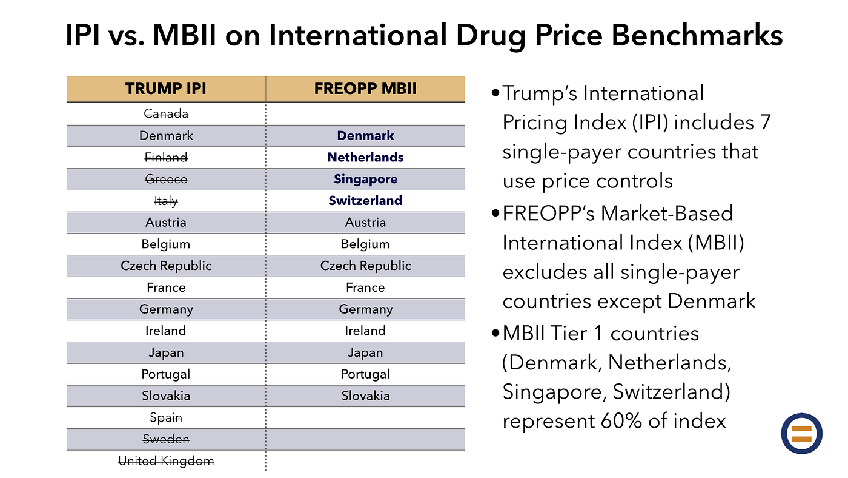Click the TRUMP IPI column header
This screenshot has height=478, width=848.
[165, 89]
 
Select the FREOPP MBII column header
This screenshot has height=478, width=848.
[365, 89]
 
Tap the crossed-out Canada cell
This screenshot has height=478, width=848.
[165, 113]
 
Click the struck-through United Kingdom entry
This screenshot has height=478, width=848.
[165, 461]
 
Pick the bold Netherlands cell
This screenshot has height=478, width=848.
[365, 158]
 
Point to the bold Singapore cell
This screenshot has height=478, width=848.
[365, 180]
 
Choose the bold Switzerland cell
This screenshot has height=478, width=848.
[365, 201]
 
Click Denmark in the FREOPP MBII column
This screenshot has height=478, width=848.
[365, 136]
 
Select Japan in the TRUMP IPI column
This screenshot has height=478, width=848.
[165, 352]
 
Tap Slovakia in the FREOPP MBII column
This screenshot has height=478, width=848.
[365, 396]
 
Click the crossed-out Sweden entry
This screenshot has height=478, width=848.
[165, 439]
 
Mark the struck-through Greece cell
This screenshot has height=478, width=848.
[165, 180]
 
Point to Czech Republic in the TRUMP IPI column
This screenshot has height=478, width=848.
[165, 266]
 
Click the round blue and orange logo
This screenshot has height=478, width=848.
[801, 434]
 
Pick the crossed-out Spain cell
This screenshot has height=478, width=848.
[165, 418]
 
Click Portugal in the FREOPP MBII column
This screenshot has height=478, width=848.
[365, 374]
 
